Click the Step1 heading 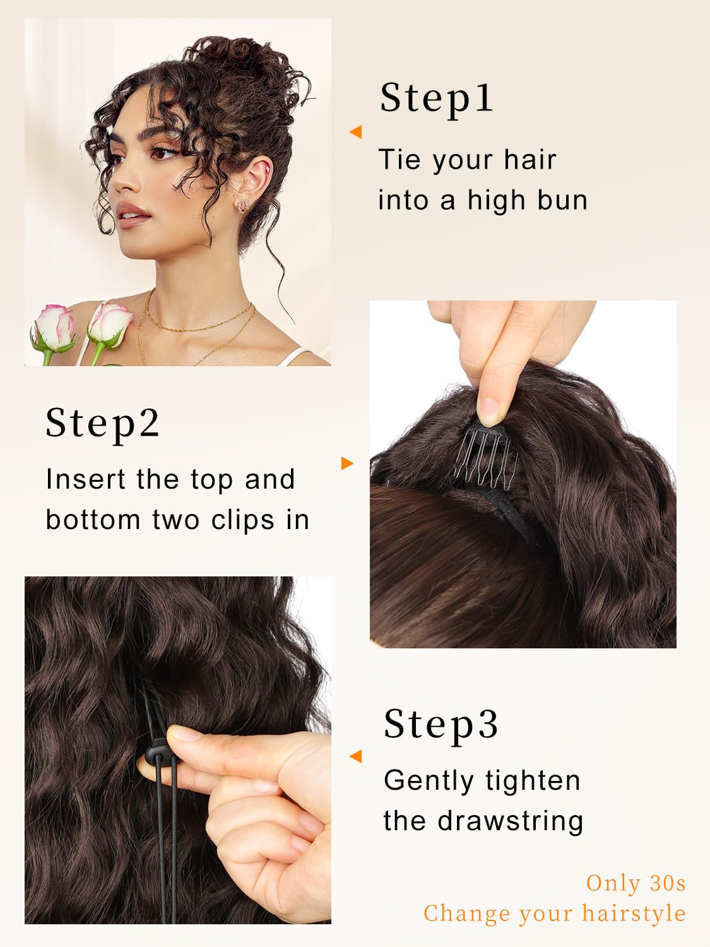[x=436, y=99]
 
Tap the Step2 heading [x=103, y=424]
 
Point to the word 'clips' [x=243, y=520]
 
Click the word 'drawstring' [x=511, y=821]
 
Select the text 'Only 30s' [x=636, y=883]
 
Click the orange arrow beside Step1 [x=356, y=131]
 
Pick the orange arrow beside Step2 [x=347, y=463]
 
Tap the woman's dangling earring [x=243, y=206]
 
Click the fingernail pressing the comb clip [x=492, y=411]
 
